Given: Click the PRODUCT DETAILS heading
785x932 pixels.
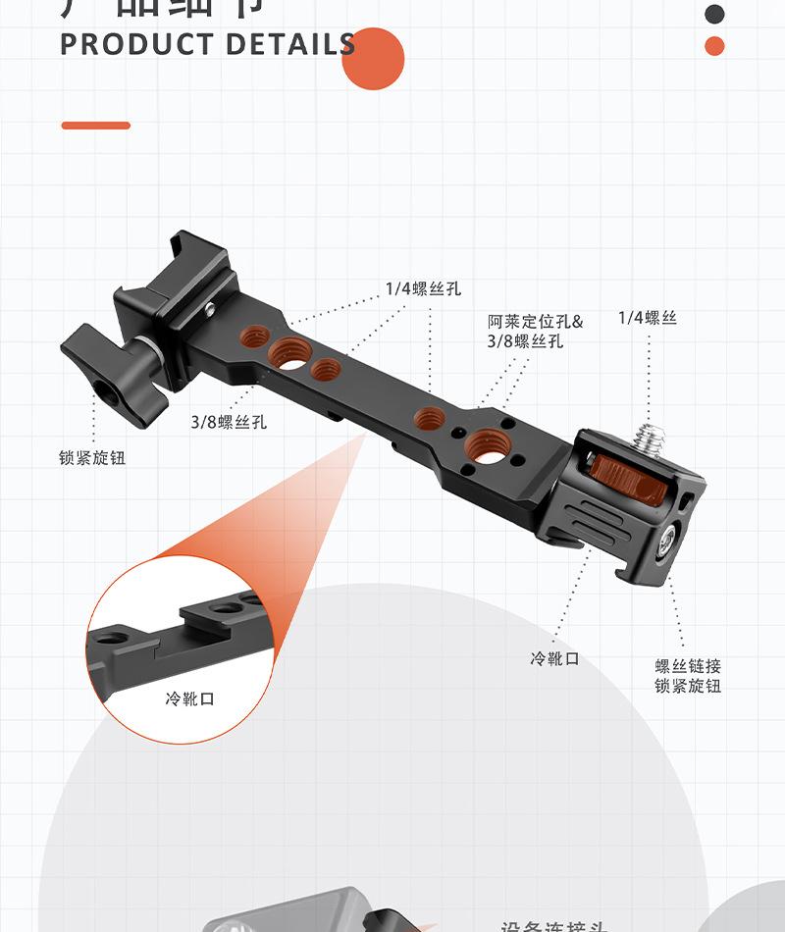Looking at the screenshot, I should [208, 45].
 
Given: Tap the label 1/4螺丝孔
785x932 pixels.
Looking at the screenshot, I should [423, 289].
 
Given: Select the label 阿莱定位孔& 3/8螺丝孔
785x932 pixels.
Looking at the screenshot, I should [535, 332].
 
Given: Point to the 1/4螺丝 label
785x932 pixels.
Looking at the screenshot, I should [648, 318].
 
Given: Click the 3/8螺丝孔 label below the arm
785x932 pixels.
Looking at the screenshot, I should [229, 423].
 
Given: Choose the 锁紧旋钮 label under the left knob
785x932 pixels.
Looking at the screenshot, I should [92, 458].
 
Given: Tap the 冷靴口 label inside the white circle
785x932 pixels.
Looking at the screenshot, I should [189, 699].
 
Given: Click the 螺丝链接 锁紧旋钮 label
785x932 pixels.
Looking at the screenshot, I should [688, 676].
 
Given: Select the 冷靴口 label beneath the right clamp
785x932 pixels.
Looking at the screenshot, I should [555, 659].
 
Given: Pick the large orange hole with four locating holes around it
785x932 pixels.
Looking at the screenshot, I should [482, 445].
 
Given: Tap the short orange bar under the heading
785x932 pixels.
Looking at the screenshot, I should [95, 126].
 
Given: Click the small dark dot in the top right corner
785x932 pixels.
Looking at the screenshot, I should [715, 14].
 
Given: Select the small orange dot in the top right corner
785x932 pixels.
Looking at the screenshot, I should [715, 46].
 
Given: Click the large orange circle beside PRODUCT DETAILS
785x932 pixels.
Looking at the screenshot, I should [374, 59].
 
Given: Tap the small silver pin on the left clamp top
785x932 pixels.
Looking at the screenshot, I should [210, 309].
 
